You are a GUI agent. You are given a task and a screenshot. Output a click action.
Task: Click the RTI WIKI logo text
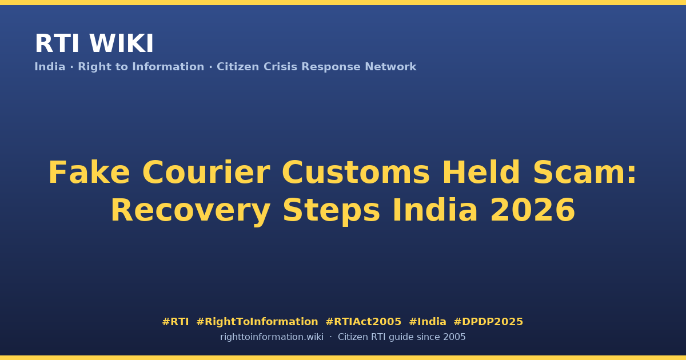pos(94,43)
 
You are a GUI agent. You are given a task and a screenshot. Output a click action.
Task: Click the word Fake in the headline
pos(89,173)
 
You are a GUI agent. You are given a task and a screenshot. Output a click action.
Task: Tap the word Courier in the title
pos(206,173)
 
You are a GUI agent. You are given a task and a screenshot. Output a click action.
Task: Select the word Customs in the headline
pos(356,173)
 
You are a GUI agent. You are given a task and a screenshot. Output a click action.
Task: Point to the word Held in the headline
pos(481,172)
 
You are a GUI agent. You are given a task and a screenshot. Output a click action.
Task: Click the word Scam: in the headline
pos(585,173)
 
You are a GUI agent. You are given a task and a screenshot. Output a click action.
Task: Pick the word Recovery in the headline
pos(190,211)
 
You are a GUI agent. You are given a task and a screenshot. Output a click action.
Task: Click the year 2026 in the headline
pos(533,210)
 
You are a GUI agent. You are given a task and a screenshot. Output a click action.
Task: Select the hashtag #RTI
pos(176,322)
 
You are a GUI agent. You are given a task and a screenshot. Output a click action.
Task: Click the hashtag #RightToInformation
pos(257,322)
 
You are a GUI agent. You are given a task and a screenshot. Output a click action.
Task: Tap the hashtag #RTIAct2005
pos(364,322)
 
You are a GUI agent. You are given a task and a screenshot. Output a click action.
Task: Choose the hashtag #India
pos(428,322)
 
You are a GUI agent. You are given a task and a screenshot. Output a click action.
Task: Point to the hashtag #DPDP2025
pos(488,322)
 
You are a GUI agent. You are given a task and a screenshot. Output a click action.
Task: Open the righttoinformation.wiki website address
pos(272,337)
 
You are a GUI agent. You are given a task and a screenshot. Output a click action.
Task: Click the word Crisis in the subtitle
pos(281,67)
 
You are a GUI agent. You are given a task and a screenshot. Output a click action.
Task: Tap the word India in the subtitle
pos(50,67)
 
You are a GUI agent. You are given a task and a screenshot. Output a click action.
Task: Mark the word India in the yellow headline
pos(435,210)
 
